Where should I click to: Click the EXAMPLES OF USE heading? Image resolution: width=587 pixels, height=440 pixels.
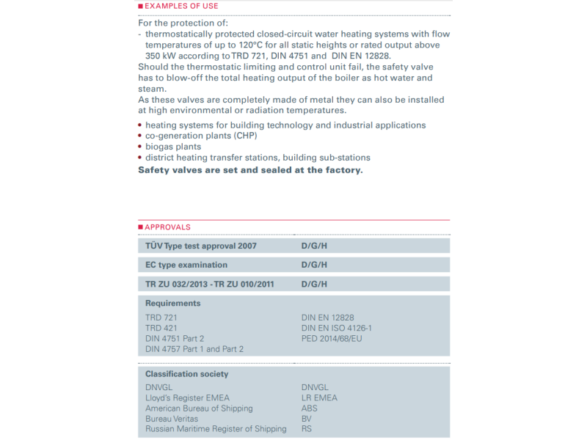click(181, 6)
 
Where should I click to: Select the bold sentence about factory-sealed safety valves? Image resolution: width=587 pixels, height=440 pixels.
click(250, 169)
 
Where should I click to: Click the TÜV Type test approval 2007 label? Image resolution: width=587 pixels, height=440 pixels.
click(201, 246)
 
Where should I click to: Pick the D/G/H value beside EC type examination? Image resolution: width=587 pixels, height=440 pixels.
click(314, 265)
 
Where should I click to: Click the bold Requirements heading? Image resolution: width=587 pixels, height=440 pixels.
click(172, 303)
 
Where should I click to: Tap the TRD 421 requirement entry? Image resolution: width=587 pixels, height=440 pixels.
click(161, 328)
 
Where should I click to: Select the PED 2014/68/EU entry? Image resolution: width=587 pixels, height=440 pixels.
click(332, 338)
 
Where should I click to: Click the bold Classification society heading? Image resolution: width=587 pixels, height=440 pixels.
click(186, 374)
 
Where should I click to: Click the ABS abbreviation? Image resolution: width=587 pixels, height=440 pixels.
click(310, 408)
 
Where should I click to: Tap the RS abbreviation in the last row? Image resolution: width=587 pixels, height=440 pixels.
click(307, 429)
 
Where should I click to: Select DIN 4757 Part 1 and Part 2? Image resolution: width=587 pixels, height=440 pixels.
click(194, 349)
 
